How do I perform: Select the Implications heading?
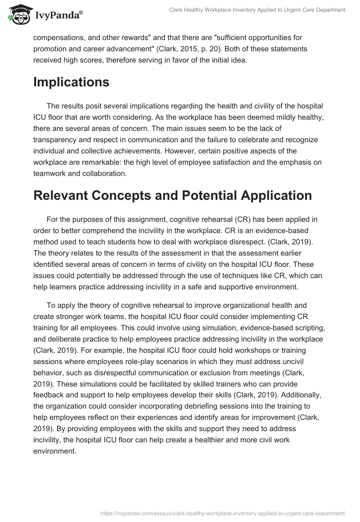point(71,82)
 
